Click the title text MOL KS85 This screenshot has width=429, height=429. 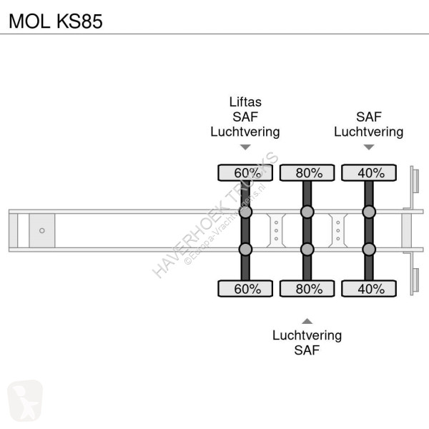[x=54, y=21]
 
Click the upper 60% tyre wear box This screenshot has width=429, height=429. [x=245, y=172]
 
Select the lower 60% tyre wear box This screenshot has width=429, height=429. [x=245, y=288]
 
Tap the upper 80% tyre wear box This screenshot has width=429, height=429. [x=307, y=172]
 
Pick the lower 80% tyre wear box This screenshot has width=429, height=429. [x=307, y=288]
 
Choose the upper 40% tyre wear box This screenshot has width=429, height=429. [x=368, y=172]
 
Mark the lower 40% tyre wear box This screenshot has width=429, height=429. [x=368, y=288]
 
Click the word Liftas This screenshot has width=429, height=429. [x=245, y=102]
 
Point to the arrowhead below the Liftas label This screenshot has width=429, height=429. [x=245, y=147]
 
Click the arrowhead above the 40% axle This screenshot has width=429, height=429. [x=368, y=147]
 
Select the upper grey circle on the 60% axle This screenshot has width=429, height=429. [x=245, y=212]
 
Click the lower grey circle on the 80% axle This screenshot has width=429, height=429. [x=307, y=249]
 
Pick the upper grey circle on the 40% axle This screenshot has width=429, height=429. [x=368, y=212]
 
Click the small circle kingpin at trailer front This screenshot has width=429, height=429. [x=41, y=230]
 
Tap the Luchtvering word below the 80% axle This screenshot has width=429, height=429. [x=307, y=335]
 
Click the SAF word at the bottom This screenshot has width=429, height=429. [x=307, y=350]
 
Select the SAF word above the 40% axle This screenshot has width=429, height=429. [x=368, y=117]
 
